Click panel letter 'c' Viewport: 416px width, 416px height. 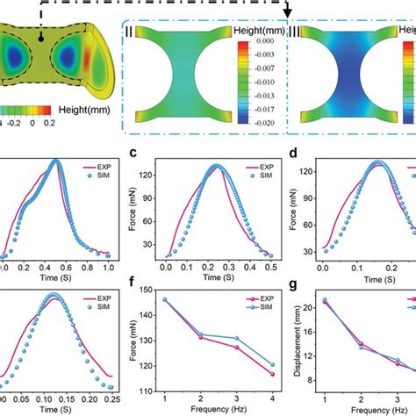pyautogui.click(x=134, y=154)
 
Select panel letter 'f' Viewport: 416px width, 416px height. pyautogui.click(x=134, y=284)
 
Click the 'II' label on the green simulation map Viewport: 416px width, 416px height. pyautogui.click(x=129, y=32)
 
